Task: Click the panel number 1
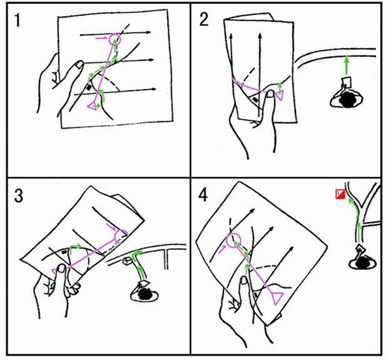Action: tap(17, 20)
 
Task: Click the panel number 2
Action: tap(204, 19)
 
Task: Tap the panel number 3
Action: tap(19, 196)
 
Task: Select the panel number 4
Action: tap(203, 195)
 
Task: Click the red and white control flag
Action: tap(340, 194)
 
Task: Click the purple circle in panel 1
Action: tap(115, 39)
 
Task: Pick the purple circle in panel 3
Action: tap(121, 235)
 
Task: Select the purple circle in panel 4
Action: tap(234, 240)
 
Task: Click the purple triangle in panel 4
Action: tap(276, 298)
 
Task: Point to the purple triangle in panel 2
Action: tap(279, 96)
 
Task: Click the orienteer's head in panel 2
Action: tap(348, 99)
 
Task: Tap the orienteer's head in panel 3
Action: tap(145, 294)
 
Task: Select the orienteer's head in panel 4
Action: tap(363, 263)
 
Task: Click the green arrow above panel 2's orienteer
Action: tap(346, 65)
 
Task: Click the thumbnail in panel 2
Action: tap(270, 94)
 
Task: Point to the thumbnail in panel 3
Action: tap(61, 268)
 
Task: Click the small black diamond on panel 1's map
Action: tap(88, 87)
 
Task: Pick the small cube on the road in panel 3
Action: tap(127, 261)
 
